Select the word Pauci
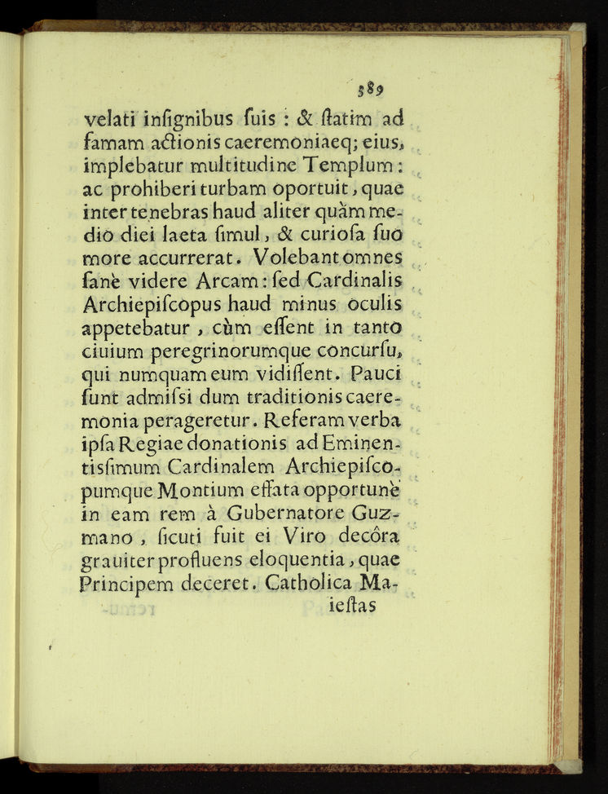pos(377,375)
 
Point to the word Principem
pos(130,585)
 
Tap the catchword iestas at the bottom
pos(348,607)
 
